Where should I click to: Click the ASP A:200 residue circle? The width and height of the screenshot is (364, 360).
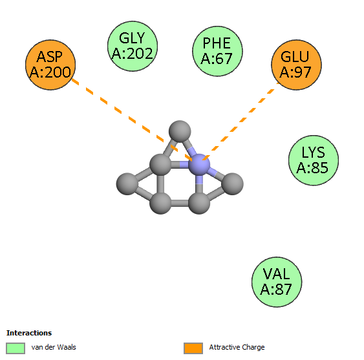pyautogui.click(x=50, y=65)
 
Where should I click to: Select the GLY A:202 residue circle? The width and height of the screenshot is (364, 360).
pyautogui.click(x=133, y=46)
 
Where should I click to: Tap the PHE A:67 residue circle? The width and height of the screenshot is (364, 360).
pyautogui.click(x=217, y=51)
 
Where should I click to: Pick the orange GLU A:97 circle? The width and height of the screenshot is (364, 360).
pyautogui.click(x=297, y=65)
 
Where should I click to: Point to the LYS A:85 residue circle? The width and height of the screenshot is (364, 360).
pyautogui.click(x=314, y=160)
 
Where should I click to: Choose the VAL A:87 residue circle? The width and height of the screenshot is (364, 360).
pyautogui.click(x=277, y=282)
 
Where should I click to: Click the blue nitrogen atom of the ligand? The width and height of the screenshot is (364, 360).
pyautogui.click(x=199, y=164)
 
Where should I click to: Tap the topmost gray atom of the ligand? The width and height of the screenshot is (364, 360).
pyautogui.click(x=180, y=131)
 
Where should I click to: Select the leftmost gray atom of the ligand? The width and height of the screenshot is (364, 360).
pyautogui.click(x=127, y=184)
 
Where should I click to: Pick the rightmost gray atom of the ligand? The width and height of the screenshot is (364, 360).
pyautogui.click(x=232, y=184)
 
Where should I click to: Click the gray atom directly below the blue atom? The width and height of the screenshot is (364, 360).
pyautogui.click(x=199, y=204)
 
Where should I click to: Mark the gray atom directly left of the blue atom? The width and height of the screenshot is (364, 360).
pyautogui.click(x=160, y=164)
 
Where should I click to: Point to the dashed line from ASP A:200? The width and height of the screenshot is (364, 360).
pyautogui.click(x=132, y=120)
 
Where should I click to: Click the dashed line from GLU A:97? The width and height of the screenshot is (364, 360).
pyautogui.click(x=241, y=121)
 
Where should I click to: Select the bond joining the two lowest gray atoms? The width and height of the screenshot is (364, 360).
pyautogui.click(x=180, y=204)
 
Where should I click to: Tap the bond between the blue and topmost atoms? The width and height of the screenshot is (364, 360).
pyautogui.click(x=189, y=147)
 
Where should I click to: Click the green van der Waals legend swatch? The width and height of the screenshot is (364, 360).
pyautogui.click(x=16, y=348)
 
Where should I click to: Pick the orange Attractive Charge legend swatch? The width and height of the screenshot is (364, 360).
pyautogui.click(x=193, y=348)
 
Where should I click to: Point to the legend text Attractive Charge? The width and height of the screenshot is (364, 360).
pyautogui.click(x=237, y=347)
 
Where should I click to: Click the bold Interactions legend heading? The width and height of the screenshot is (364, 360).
pyautogui.click(x=29, y=333)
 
